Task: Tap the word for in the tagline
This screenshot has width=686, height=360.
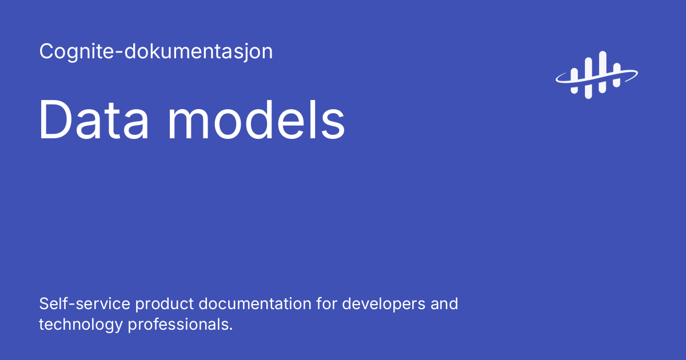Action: [326, 303]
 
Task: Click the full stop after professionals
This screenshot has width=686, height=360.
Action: [230, 329]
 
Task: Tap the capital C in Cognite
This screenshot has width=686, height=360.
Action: [46, 52]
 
